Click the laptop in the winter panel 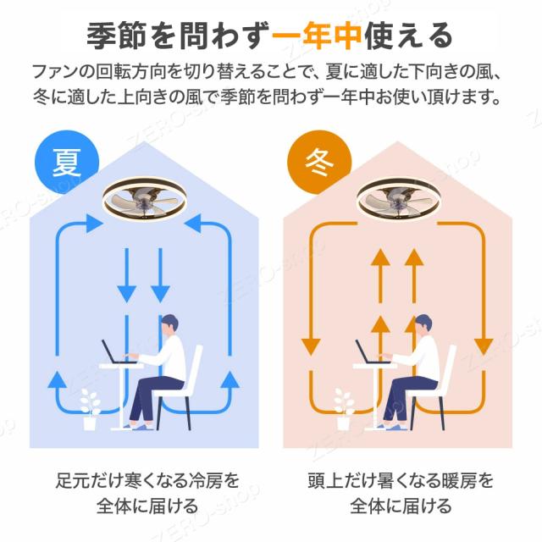tap(367, 351)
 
